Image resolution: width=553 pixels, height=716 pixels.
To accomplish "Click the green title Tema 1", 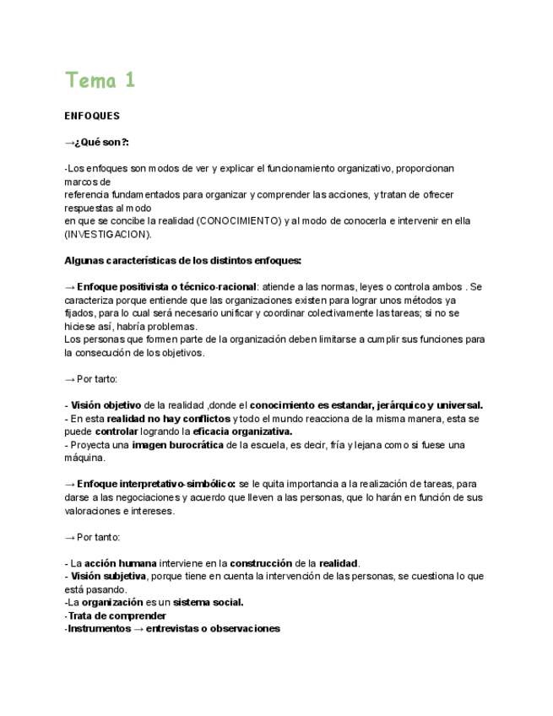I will [100, 80].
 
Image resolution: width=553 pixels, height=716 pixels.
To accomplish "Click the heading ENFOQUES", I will [92, 116].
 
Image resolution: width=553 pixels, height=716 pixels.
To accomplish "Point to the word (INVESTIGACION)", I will [108, 234].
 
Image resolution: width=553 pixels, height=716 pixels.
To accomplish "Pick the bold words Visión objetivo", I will [106, 405].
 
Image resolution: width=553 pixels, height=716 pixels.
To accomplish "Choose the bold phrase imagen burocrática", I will [178, 445].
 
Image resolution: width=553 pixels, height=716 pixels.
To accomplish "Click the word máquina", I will [84, 458].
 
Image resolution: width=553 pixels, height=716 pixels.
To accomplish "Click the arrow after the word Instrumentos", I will [137, 629].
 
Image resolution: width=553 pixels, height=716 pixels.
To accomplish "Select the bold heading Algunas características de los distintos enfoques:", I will [182, 260].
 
